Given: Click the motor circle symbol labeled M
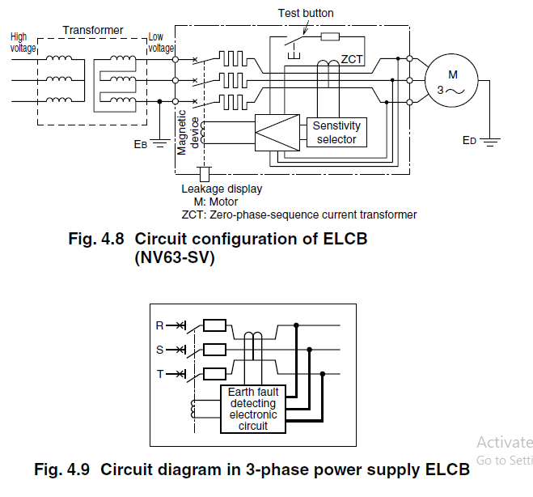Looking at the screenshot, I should click(453, 81).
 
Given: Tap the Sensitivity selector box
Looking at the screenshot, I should click(336, 133).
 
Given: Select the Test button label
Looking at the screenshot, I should click(305, 13).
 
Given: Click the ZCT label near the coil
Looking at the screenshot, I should click(352, 60).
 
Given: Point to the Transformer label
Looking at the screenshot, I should click(93, 30).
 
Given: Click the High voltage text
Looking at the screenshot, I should click(23, 43).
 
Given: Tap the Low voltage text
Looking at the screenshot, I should click(161, 43).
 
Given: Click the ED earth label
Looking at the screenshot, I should click(469, 140).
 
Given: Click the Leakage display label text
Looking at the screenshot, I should click(222, 189).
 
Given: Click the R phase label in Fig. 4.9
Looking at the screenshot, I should click(159, 325).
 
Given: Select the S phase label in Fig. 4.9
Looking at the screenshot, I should click(159, 350).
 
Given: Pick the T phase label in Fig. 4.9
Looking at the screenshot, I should click(159, 373).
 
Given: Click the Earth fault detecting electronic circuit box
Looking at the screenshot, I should click(252, 409).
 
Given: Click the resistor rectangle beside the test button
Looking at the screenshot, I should click(330, 37).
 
